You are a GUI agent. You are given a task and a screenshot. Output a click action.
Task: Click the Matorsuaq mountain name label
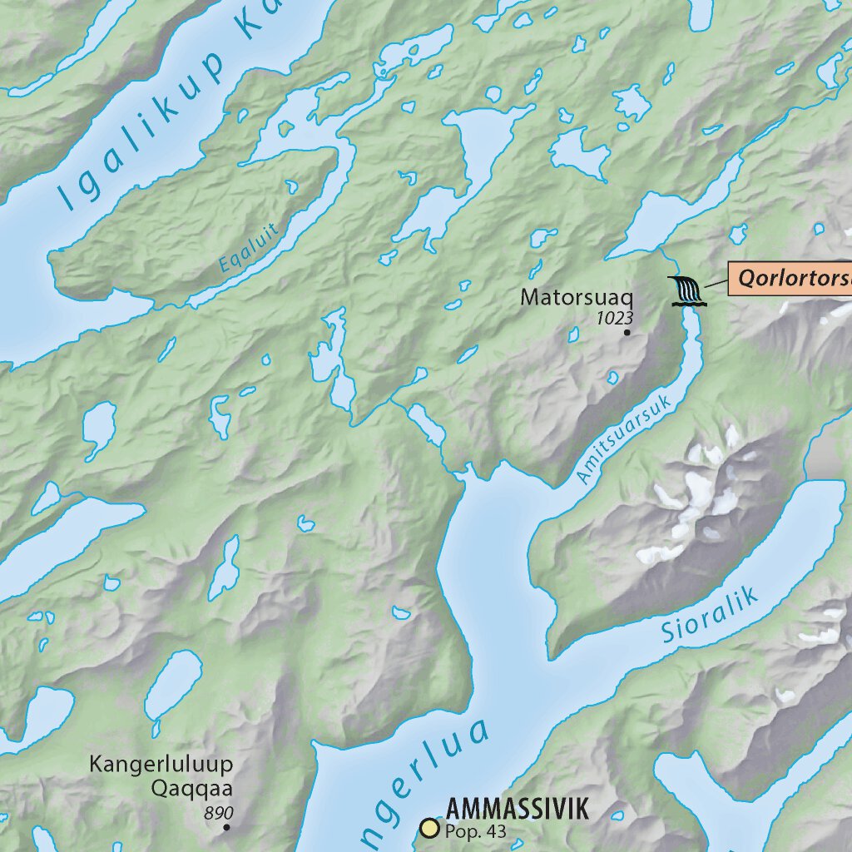[577, 297]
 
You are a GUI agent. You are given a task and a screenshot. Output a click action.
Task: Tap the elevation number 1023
[615, 317]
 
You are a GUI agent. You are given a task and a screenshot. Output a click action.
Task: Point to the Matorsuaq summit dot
[627, 332]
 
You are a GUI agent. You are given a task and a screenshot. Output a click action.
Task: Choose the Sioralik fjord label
[711, 614]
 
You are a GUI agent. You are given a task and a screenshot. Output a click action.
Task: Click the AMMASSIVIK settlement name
[518, 809]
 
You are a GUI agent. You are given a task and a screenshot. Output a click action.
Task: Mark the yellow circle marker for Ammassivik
[429, 827]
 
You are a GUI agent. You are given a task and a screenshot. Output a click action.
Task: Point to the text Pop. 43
[475, 830]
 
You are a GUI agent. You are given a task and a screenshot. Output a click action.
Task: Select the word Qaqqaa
[191, 787]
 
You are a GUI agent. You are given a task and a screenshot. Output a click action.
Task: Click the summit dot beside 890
[226, 827]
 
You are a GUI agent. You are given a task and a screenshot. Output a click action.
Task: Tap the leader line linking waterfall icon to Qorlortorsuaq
[715, 285]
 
